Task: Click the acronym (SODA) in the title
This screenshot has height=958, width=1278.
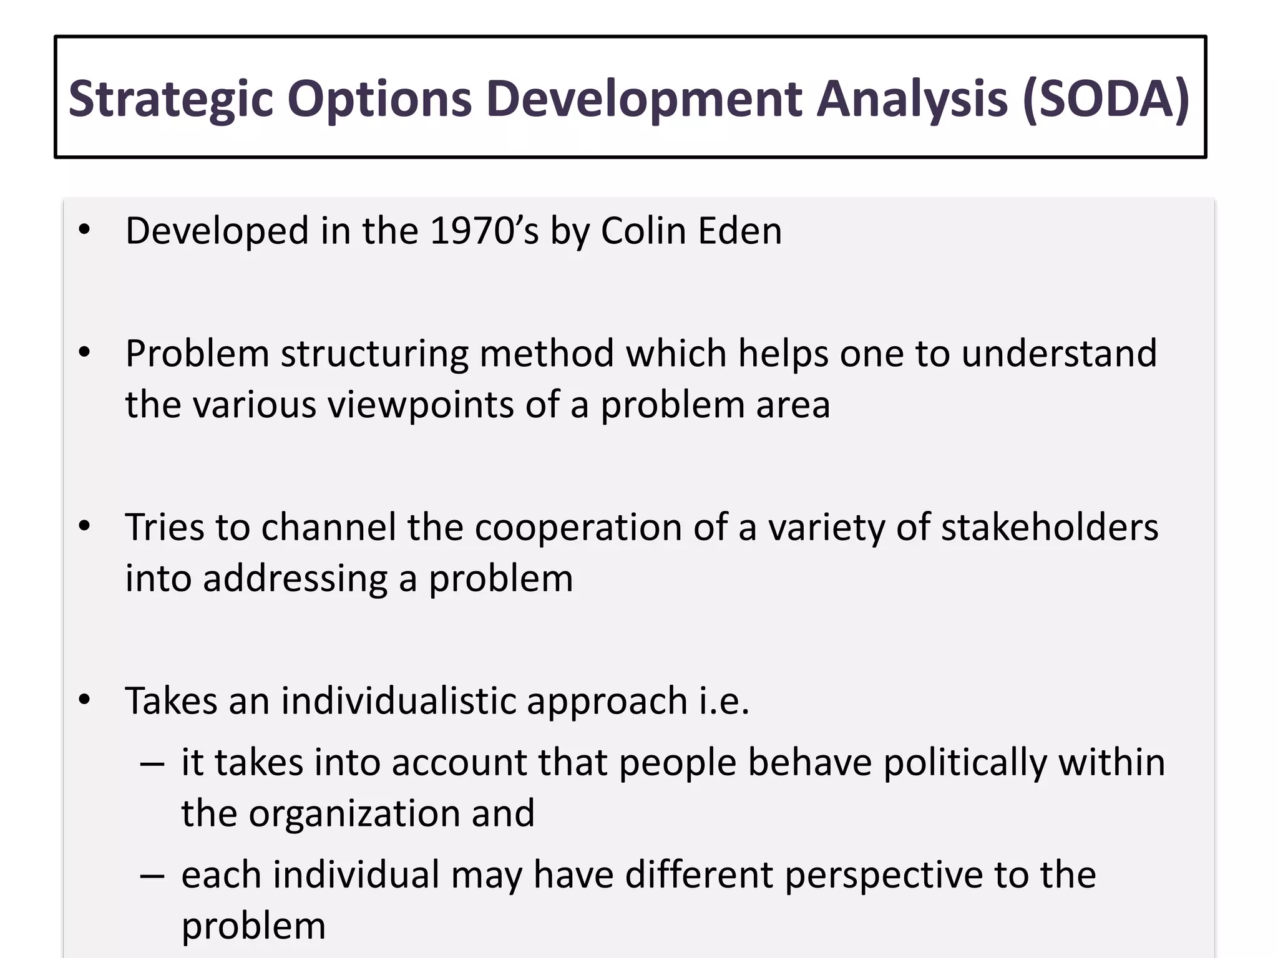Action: click(x=1106, y=99)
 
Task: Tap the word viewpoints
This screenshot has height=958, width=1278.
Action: click(x=420, y=405)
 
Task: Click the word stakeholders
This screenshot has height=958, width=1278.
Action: click(x=1049, y=528)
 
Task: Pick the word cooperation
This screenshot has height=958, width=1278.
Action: click(x=578, y=528)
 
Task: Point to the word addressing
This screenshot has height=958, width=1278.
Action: click(x=295, y=579)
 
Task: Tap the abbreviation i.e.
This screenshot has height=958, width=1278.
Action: click(x=723, y=701)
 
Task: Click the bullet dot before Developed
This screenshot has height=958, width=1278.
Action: click(x=85, y=231)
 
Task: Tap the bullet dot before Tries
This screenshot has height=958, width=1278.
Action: click(x=85, y=528)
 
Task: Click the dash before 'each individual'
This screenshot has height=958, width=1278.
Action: click(x=152, y=876)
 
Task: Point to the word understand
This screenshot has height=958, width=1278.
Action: click(x=1059, y=354)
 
